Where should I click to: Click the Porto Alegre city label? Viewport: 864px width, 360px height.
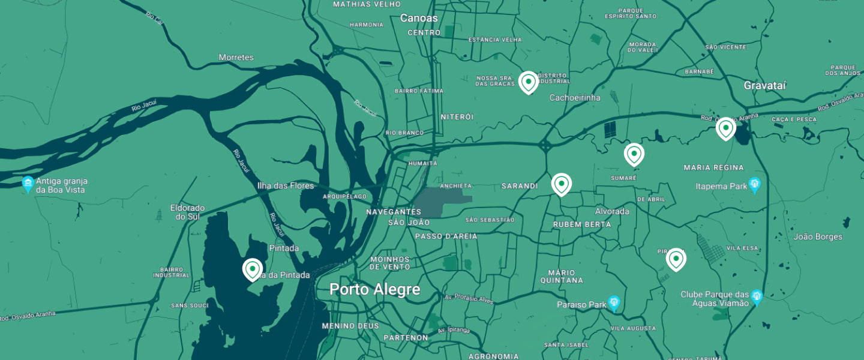coord(374,290)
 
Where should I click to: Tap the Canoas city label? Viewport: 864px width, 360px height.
coord(419,18)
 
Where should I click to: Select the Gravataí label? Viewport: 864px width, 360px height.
coord(764,85)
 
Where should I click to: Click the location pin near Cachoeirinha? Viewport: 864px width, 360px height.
coord(528,82)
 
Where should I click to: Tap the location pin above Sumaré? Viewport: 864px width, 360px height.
coord(634,154)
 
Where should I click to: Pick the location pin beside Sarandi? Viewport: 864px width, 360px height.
coord(561,184)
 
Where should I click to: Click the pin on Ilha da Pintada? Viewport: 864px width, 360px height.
coord(253,269)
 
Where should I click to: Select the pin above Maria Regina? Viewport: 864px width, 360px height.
coord(725,128)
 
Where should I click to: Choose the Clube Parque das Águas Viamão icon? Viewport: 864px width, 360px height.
coord(757,295)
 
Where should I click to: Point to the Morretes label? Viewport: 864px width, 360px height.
coord(236,58)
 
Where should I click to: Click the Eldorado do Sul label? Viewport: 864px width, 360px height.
coord(187,212)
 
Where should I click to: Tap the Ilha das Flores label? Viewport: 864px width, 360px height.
coord(285,185)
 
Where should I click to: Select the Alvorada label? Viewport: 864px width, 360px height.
coord(611,211)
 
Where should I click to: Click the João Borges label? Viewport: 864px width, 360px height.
coord(818,236)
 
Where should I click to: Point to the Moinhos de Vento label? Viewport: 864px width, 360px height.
coord(389,263)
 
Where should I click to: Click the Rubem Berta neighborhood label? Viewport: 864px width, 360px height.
coord(581,224)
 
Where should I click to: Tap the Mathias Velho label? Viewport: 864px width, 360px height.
coord(366,4)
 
